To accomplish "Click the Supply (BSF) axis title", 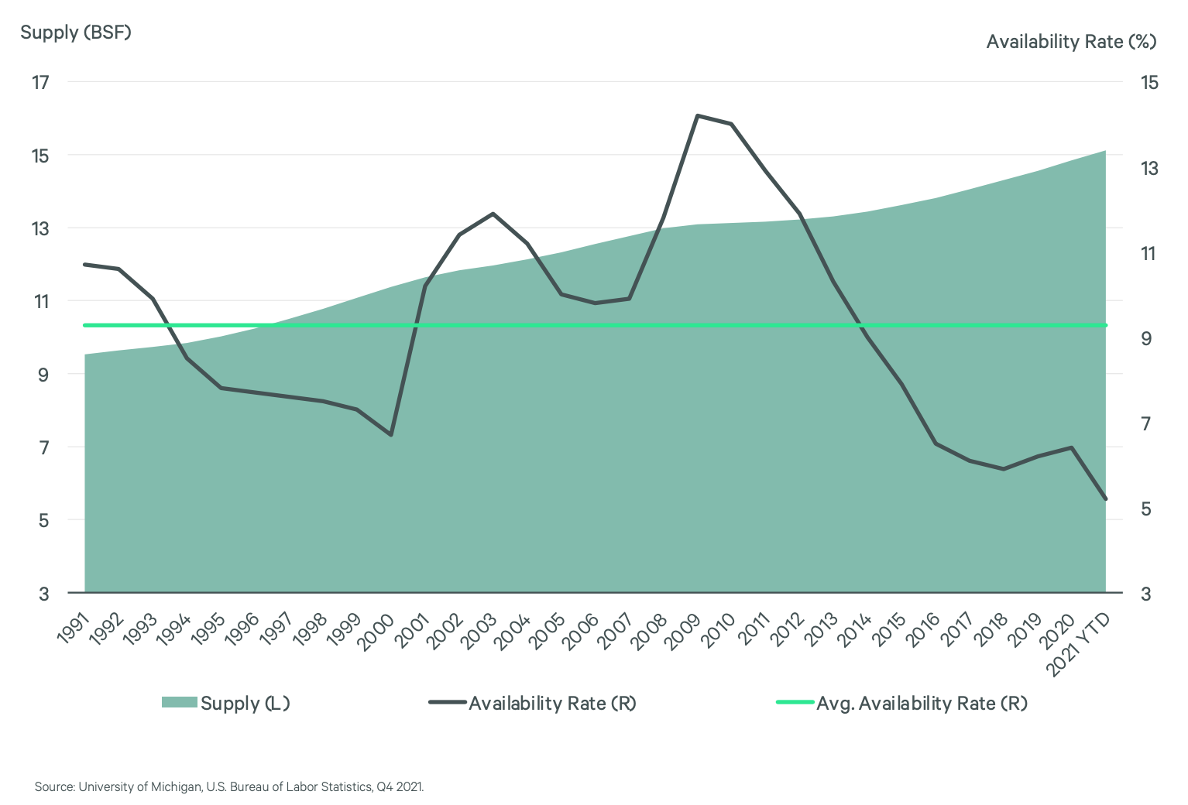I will [x=76, y=33].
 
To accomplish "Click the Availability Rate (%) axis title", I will [x=1071, y=42].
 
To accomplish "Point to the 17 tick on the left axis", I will [x=40, y=82].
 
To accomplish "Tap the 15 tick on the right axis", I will [x=1149, y=82].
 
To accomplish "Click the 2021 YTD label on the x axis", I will [x=1079, y=642].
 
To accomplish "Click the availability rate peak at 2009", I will [x=698, y=115].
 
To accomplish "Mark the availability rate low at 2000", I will [x=391, y=435].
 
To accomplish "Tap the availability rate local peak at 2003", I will [x=493, y=214].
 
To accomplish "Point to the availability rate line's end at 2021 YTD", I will [x=1106, y=499].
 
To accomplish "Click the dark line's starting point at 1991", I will [x=85, y=265].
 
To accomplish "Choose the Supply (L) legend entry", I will [x=226, y=703].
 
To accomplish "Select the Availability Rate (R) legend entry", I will [x=533, y=703].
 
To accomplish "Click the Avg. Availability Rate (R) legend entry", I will [x=902, y=703].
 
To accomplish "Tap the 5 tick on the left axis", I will [x=43, y=520].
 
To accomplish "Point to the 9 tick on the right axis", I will [x=1146, y=338].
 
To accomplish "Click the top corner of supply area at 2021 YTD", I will [x=1105, y=151].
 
